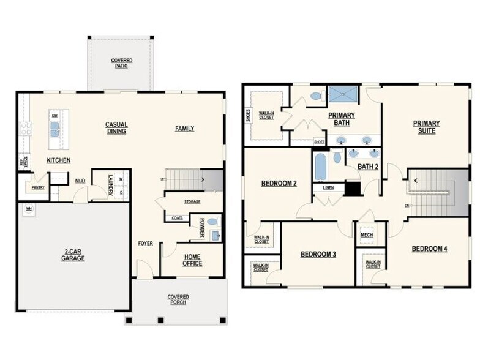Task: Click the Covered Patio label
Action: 121,63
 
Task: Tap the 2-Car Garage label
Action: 73,255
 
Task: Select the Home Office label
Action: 192,260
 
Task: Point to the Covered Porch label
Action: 178,299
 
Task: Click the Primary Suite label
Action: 426,127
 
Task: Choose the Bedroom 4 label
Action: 429,249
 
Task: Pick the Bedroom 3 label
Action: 318,254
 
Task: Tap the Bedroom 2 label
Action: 279,183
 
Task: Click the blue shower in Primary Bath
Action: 343,94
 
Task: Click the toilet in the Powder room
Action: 212,222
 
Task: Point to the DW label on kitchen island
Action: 54,115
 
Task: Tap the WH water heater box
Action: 28,209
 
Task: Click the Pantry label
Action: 38,187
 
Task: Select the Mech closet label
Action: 367,234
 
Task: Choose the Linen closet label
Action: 328,187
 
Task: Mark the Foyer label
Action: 145,243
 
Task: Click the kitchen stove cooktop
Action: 26,129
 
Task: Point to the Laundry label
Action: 110,186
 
